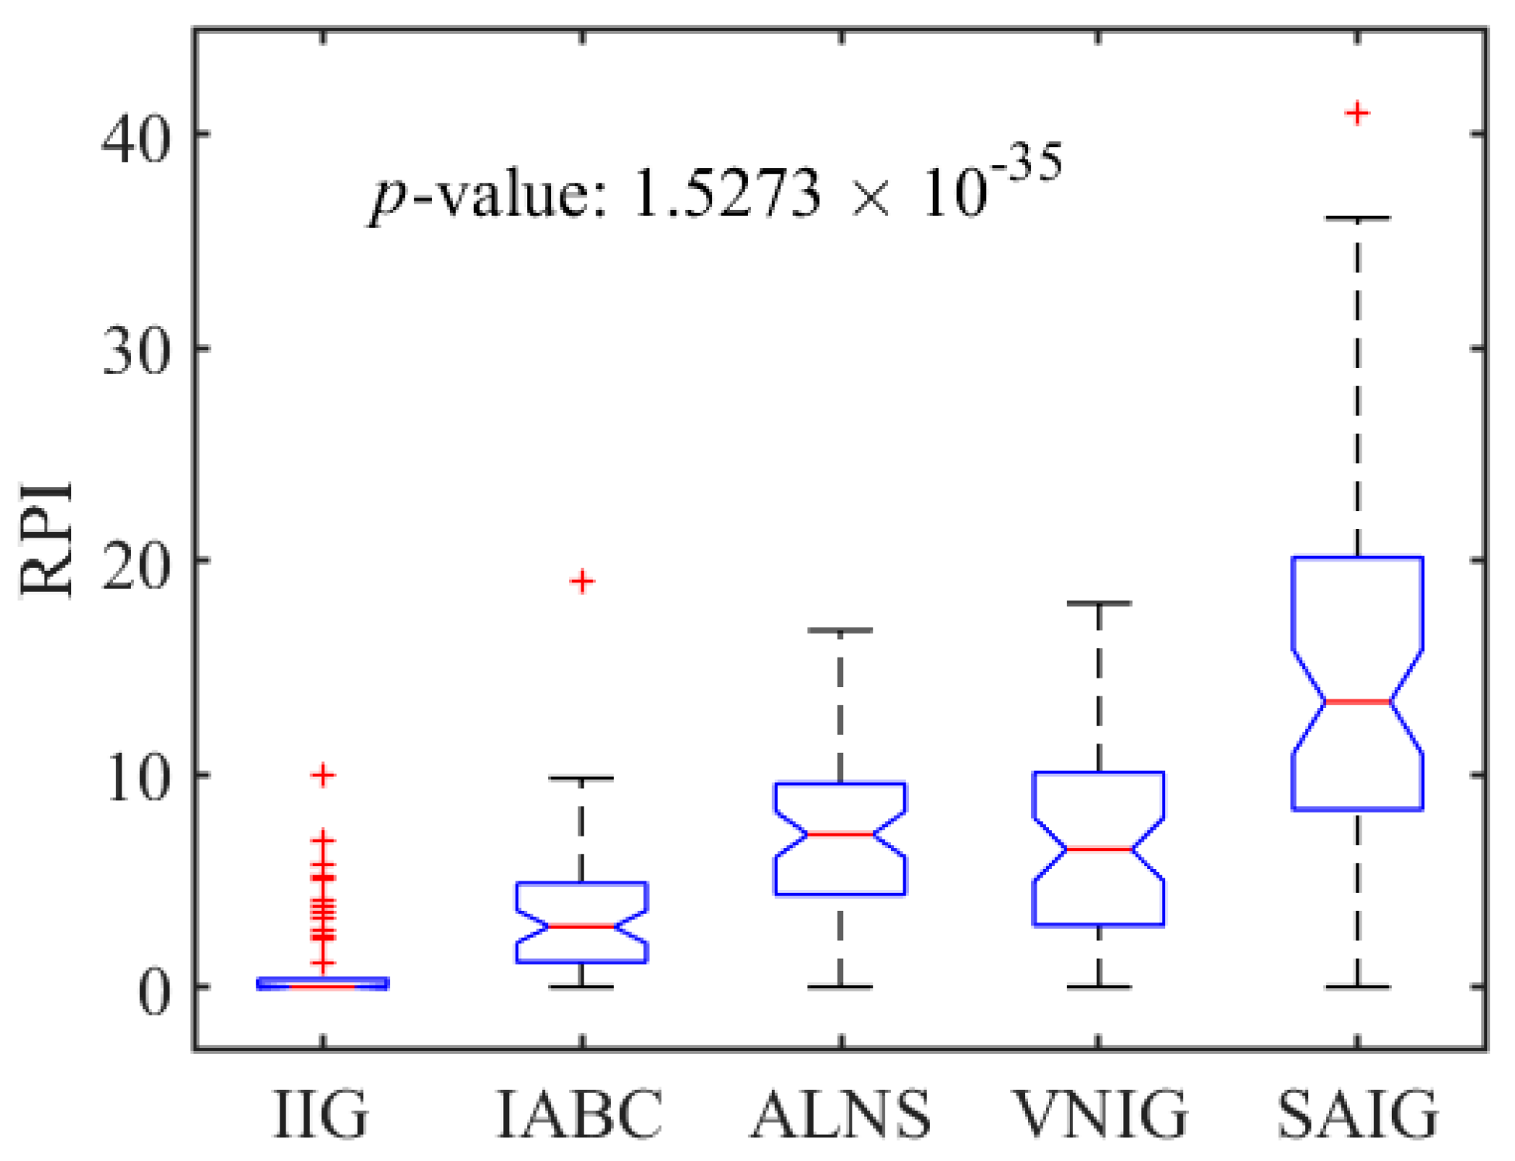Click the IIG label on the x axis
point(321,1114)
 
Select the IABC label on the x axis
point(580,1114)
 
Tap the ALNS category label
point(841,1114)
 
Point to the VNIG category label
point(1100,1114)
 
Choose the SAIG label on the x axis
point(1358,1114)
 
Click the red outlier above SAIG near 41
point(1357,114)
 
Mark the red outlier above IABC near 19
point(582,581)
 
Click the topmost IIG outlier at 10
point(324,775)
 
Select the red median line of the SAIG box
point(1357,702)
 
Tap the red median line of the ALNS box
point(841,834)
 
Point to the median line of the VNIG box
point(1099,850)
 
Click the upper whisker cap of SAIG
point(1357,218)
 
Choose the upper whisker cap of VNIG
point(1099,603)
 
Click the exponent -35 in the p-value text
point(1025,165)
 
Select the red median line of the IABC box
point(582,926)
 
